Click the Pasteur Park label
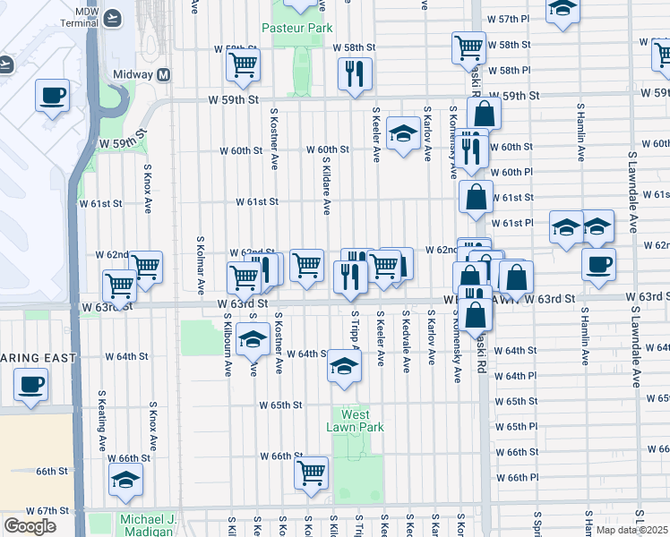296,28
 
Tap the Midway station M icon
164,74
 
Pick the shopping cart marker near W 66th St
311,472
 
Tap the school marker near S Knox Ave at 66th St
125,479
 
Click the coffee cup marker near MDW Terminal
53,94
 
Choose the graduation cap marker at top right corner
562,10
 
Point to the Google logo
30,526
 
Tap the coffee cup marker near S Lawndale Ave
598,263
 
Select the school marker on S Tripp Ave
343,365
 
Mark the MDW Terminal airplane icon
113,17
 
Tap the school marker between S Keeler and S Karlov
403,134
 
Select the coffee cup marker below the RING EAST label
31,385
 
